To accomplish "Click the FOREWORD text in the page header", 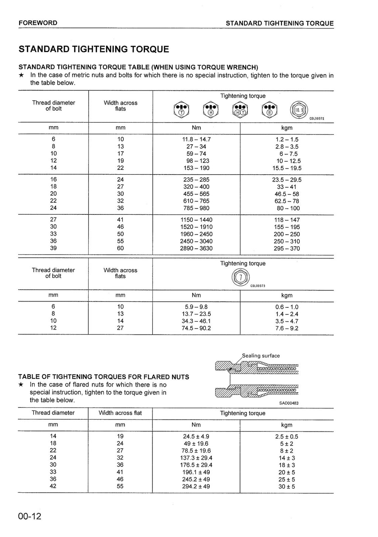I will click(38, 23).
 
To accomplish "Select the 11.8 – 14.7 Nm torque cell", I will click(196, 140).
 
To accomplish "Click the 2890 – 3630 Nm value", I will click(196, 248).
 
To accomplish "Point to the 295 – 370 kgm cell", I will click(286, 249).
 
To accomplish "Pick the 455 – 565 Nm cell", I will click(196, 194).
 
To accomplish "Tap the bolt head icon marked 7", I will click(241, 278).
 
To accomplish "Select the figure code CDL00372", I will click(317, 119).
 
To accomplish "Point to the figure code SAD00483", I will click(289, 403).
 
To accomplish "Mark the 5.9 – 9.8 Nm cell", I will click(196, 307).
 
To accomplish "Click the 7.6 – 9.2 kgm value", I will click(286, 328).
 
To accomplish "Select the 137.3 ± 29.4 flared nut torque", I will click(196, 458).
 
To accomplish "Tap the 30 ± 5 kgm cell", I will click(286, 486).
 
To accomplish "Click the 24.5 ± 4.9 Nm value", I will click(196, 437).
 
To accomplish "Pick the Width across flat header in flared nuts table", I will click(120, 413).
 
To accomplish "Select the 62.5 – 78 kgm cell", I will click(286, 201).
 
